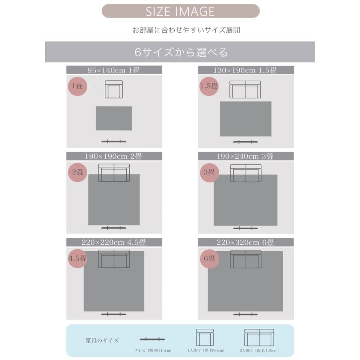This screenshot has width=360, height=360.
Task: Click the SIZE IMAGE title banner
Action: [x=180, y=11]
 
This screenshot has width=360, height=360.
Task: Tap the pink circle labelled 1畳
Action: [x=78, y=86]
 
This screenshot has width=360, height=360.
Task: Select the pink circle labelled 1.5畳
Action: [x=209, y=86]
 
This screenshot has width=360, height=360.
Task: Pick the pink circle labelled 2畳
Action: [x=78, y=172]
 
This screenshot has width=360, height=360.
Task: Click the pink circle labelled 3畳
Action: [x=209, y=172]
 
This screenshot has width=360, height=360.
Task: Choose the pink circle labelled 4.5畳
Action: [x=78, y=258]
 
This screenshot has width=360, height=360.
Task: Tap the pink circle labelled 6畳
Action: [x=209, y=259]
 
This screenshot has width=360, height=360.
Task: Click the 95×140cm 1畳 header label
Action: [x=114, y=70]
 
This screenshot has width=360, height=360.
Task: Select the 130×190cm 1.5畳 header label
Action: [x=246, y=70]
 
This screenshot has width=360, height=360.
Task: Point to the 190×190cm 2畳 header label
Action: [x=114, y=156]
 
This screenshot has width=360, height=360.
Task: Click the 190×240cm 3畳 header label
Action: [x=246, y=156]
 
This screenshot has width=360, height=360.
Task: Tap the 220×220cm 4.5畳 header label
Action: [x=114, y=242]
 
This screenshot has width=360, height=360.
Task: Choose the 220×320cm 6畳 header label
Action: [x=246, y=242]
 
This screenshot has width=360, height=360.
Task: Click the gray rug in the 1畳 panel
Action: [x=114, y=118]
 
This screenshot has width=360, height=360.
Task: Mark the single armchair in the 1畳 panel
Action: [x=114, y=89]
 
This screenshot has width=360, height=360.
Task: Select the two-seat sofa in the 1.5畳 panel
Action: [x=245, y=90]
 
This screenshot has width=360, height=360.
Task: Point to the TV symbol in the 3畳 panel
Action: [x=246, y=228]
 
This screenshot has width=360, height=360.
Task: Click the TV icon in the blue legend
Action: [x=152, y=339]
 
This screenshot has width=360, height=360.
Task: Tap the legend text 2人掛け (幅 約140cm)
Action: [x=259, y=350]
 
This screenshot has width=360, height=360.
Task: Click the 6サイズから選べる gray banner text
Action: [x=181, y=52]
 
